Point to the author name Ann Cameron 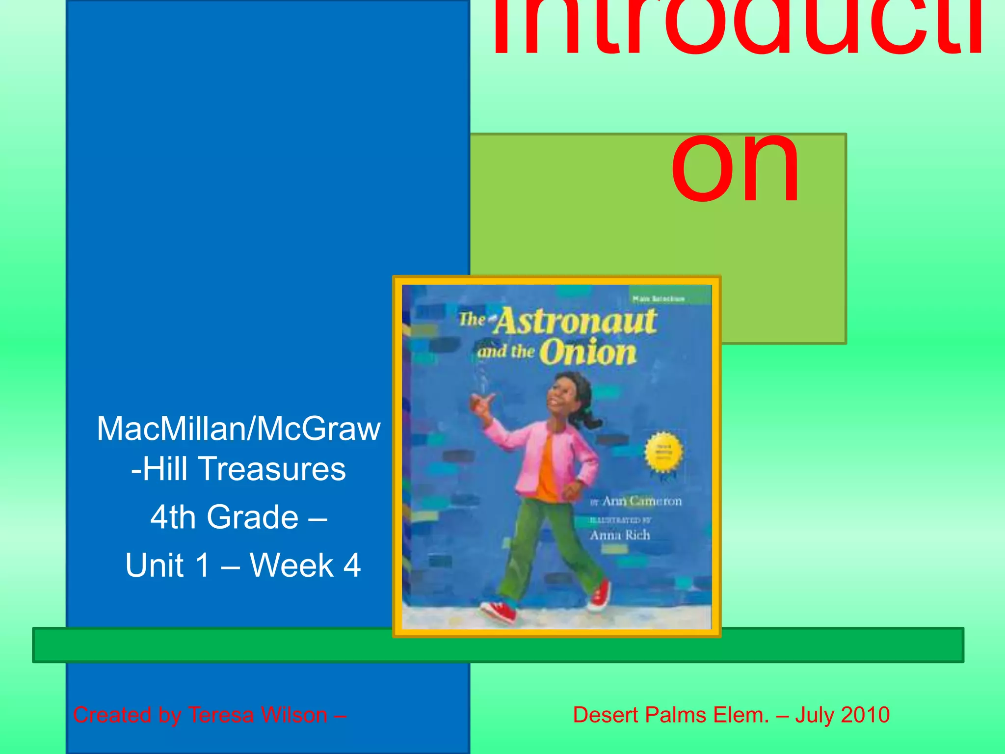pyautogui.click(x=641, y=501)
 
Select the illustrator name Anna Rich pyautogui.click(x=620, y=535)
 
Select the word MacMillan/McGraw pyautogui.click(x=238, y=429)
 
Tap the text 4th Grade pyautogui.click(x=224, y=517)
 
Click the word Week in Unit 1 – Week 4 pyautogui.click(x=291, y=565)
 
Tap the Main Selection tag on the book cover pyautogui.click(x=658, y=298)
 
